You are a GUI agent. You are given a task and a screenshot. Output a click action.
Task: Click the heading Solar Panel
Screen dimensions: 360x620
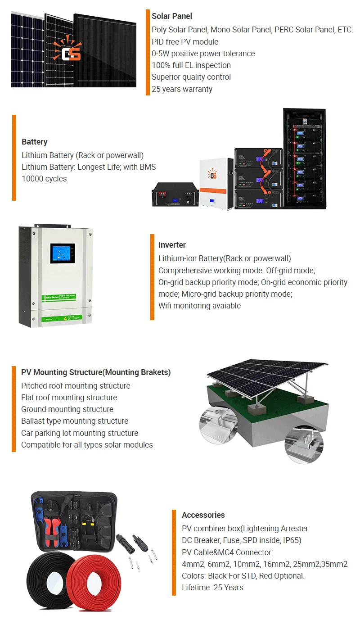tap(171, 16)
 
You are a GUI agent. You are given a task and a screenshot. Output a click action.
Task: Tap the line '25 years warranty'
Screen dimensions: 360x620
tap(182, 89)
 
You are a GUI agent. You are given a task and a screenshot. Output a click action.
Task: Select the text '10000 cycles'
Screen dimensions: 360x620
tap(44, 179)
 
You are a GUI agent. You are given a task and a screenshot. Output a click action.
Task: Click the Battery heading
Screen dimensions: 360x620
tap(34, 142)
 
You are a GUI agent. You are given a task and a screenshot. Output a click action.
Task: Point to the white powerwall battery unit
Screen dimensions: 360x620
tap(216, 182)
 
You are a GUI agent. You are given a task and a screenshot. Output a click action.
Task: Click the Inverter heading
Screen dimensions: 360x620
tap(172, 245)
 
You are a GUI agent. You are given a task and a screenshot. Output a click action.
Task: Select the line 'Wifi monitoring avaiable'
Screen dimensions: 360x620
tap(199, 306)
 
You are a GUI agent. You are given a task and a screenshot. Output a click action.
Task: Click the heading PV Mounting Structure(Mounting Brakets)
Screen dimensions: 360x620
tap(96, 372)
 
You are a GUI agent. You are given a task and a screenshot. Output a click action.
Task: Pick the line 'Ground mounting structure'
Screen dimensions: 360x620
tap(67, 409)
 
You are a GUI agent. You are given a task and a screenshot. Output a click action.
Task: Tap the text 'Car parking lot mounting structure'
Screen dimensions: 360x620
tap(80, 433)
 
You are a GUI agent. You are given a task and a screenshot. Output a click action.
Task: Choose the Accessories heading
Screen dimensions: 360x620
tap(203, 515)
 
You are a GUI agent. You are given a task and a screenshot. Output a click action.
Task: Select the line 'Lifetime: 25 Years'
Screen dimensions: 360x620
tap(212, 588)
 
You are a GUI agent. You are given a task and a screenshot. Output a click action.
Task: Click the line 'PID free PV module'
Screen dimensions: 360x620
tap(185, 42)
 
